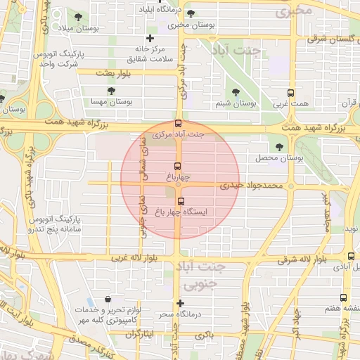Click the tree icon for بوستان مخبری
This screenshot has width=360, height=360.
[x=191, y=13]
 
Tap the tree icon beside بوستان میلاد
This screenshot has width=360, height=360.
[x=77, y=16]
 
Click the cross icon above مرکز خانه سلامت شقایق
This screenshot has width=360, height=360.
[x=149, y=38]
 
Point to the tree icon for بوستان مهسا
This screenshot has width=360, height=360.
[x=111, y=91]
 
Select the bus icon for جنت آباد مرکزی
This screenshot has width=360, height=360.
[x=179, y=122]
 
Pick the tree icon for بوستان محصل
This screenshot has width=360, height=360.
[x=280, y=147]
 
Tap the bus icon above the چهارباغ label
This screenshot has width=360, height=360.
[x=177, y=167]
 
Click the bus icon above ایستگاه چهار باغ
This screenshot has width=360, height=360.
[x=181, y=201]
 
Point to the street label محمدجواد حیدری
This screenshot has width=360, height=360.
[x=250, y=186]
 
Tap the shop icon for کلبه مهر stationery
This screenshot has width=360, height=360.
[x=107, y=299]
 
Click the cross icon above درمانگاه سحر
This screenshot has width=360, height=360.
[x=181, y=303]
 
